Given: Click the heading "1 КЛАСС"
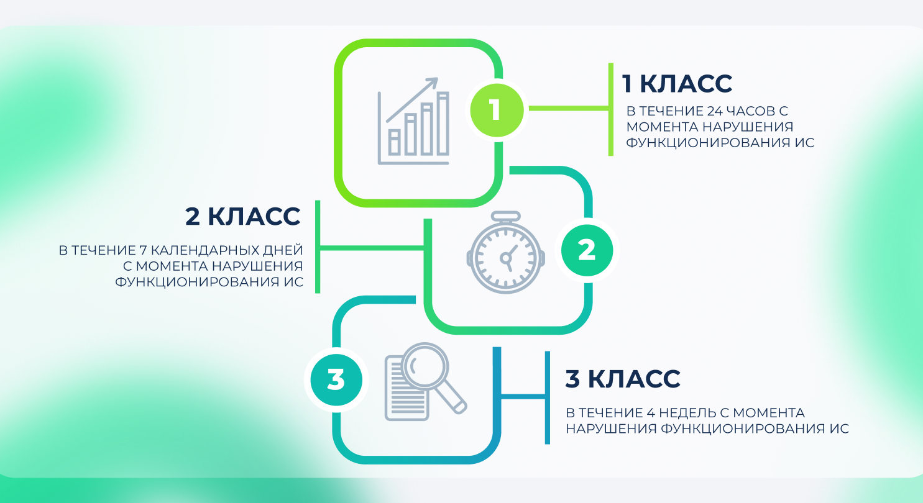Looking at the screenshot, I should pos(677,83).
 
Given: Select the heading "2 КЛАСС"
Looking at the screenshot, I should pos(242,217).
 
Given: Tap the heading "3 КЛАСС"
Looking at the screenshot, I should pos(622,379).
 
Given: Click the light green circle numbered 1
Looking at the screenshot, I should pos(495,110).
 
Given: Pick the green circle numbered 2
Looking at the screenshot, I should pos(586,250).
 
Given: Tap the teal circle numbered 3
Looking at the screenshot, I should pos(336,380).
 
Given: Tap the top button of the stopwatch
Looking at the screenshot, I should pos(505,217).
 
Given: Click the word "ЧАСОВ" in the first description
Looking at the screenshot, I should pos(751,112).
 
